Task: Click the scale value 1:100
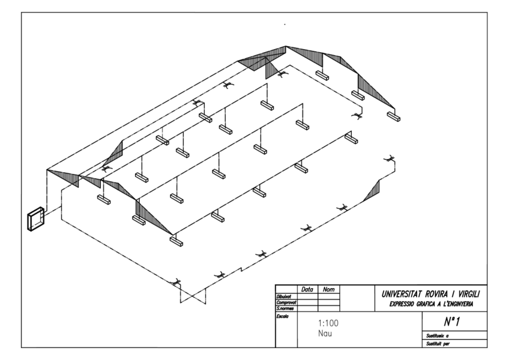327,323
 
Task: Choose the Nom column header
328,289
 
